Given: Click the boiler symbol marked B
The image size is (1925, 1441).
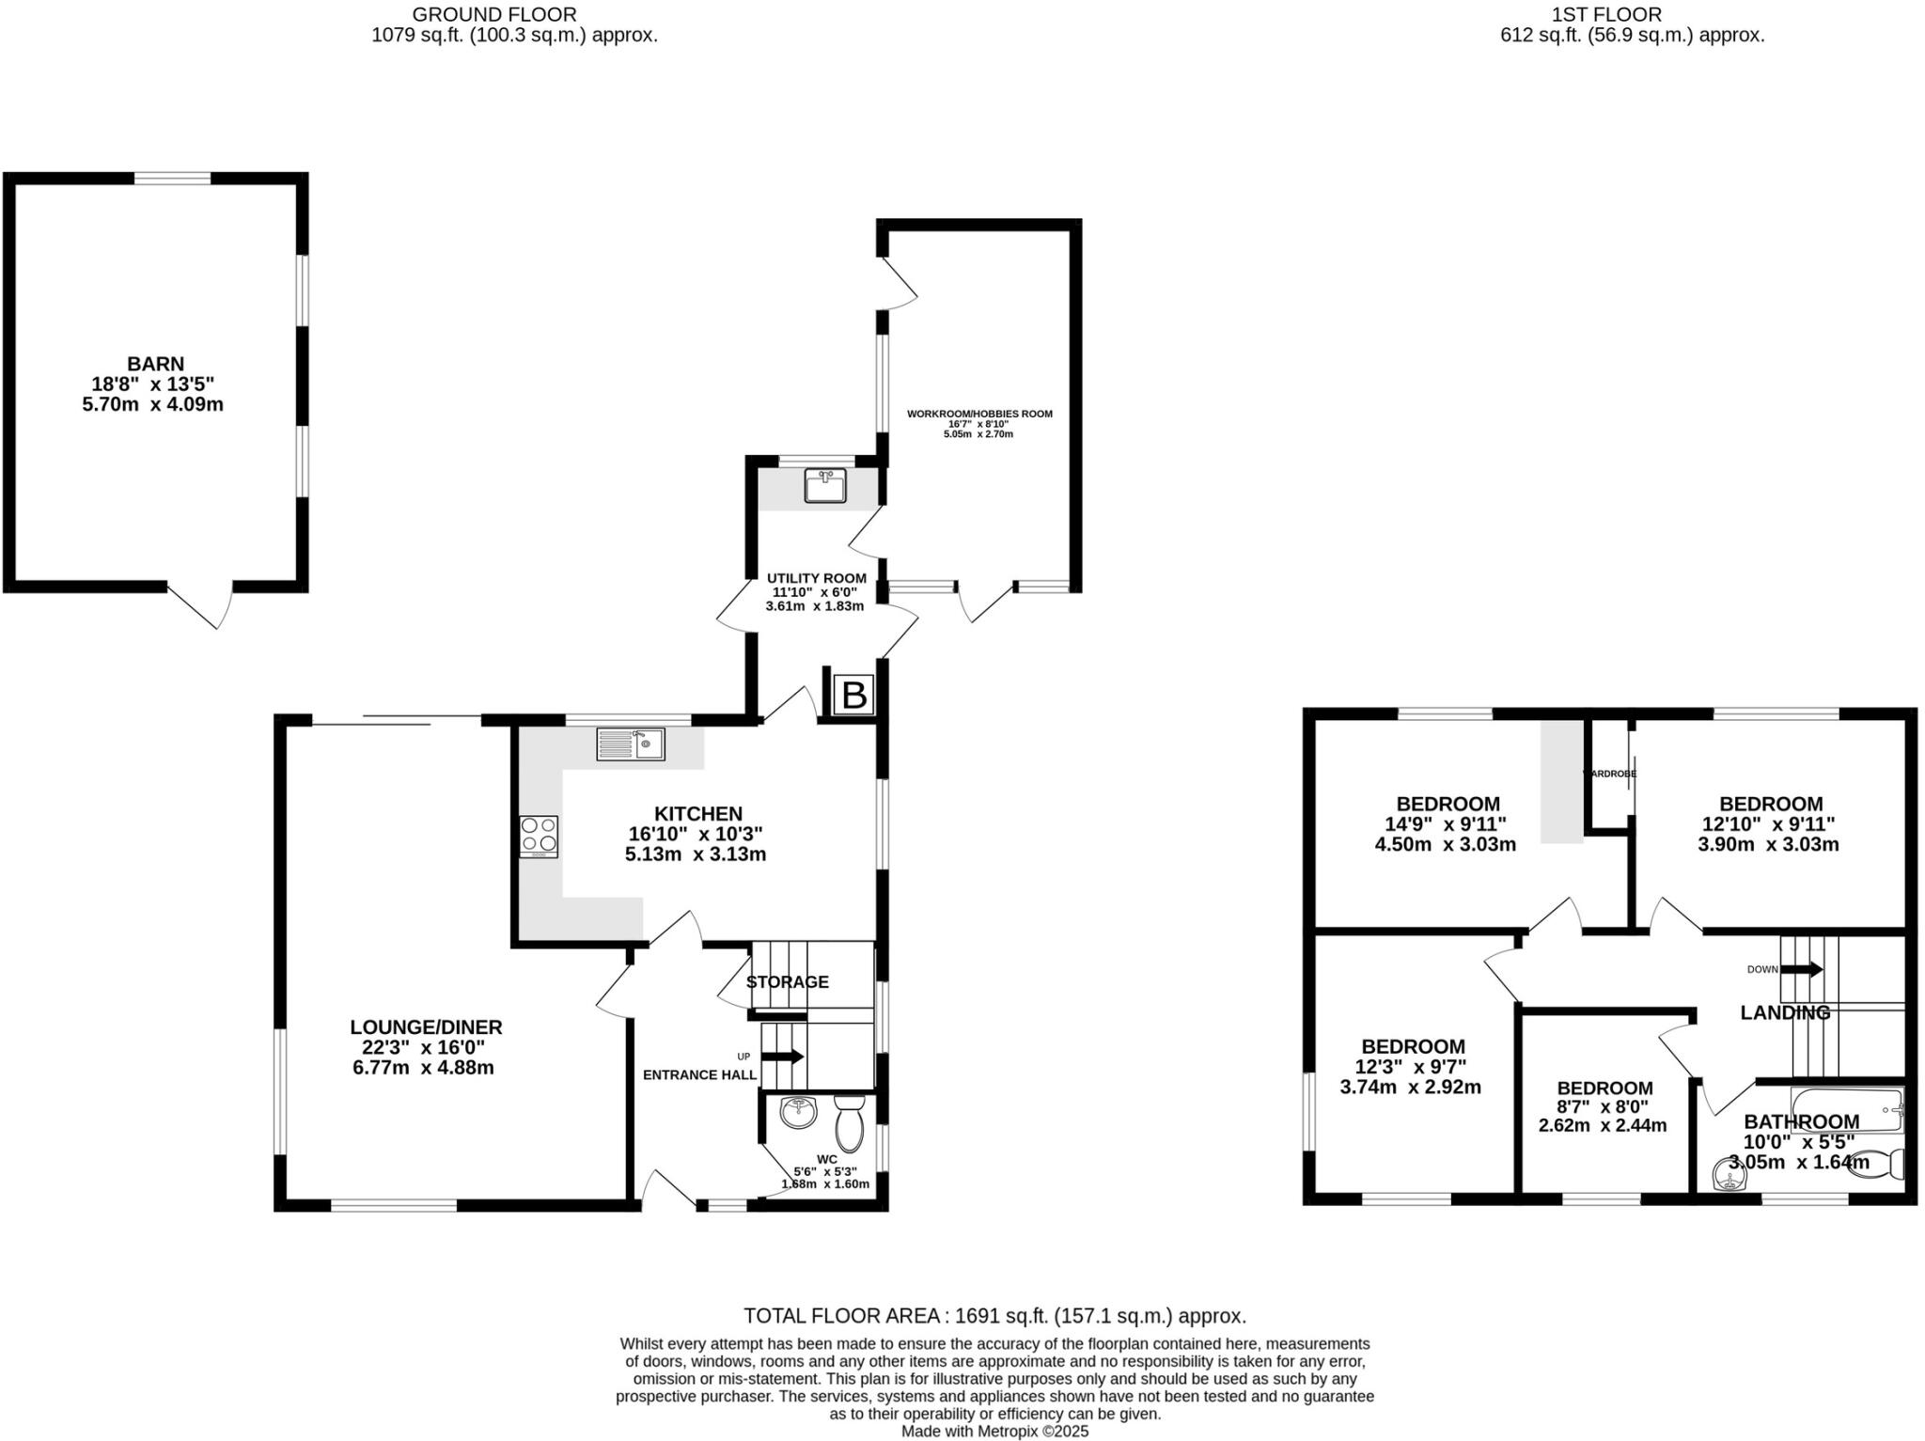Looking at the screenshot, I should tap(853, 696).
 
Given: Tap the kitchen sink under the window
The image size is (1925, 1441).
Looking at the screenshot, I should tap(630, 744).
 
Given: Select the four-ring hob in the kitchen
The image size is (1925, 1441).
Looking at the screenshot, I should tap(539, 836).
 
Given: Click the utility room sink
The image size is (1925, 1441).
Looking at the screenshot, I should tap(824, 487).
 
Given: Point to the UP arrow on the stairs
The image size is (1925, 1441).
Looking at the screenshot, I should tap(782, 1057).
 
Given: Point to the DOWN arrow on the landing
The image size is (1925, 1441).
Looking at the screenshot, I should tap(1801, 969).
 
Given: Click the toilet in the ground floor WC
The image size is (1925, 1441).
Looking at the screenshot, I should tap(849, 1123).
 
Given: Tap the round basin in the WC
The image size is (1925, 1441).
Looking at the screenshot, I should tap(799, 1113).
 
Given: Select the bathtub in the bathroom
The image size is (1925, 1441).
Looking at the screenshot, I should tap(1846, 1110).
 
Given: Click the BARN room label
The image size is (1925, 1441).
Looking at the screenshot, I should tap(155, 364).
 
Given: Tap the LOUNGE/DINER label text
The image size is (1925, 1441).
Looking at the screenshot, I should tap(426, 1027).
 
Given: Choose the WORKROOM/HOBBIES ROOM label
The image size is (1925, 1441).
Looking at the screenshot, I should tap(979, 414).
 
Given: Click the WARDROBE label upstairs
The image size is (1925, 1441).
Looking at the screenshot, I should tap(1609, 774).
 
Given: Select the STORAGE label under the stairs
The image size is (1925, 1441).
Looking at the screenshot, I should tap(787, 982).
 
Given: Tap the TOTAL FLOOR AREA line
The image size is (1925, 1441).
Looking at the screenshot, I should tap(994, 1316).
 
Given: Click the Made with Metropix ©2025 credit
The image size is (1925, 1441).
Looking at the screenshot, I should tap(994, 1432).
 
